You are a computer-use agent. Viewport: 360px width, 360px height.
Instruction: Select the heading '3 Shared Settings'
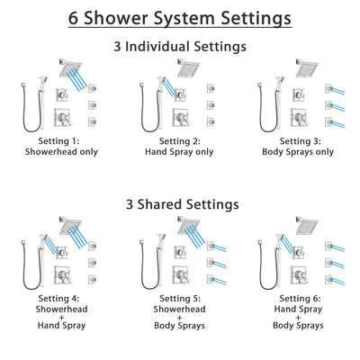pyautogui.click(x=179, y=204)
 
